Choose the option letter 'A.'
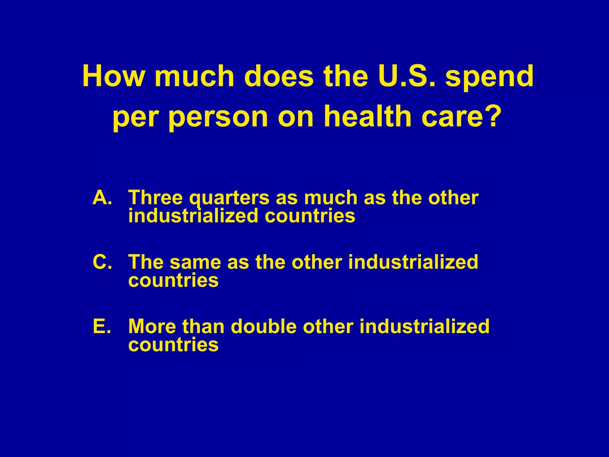(x=102, y=198)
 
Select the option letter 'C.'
(x=102, y=262)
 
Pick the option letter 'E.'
(x=102, y=326)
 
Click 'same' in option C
(x=195, y=262)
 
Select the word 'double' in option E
(x=263, y=326)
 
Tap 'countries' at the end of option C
(x=173, y=281)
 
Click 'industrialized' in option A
(x=193, y=216)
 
